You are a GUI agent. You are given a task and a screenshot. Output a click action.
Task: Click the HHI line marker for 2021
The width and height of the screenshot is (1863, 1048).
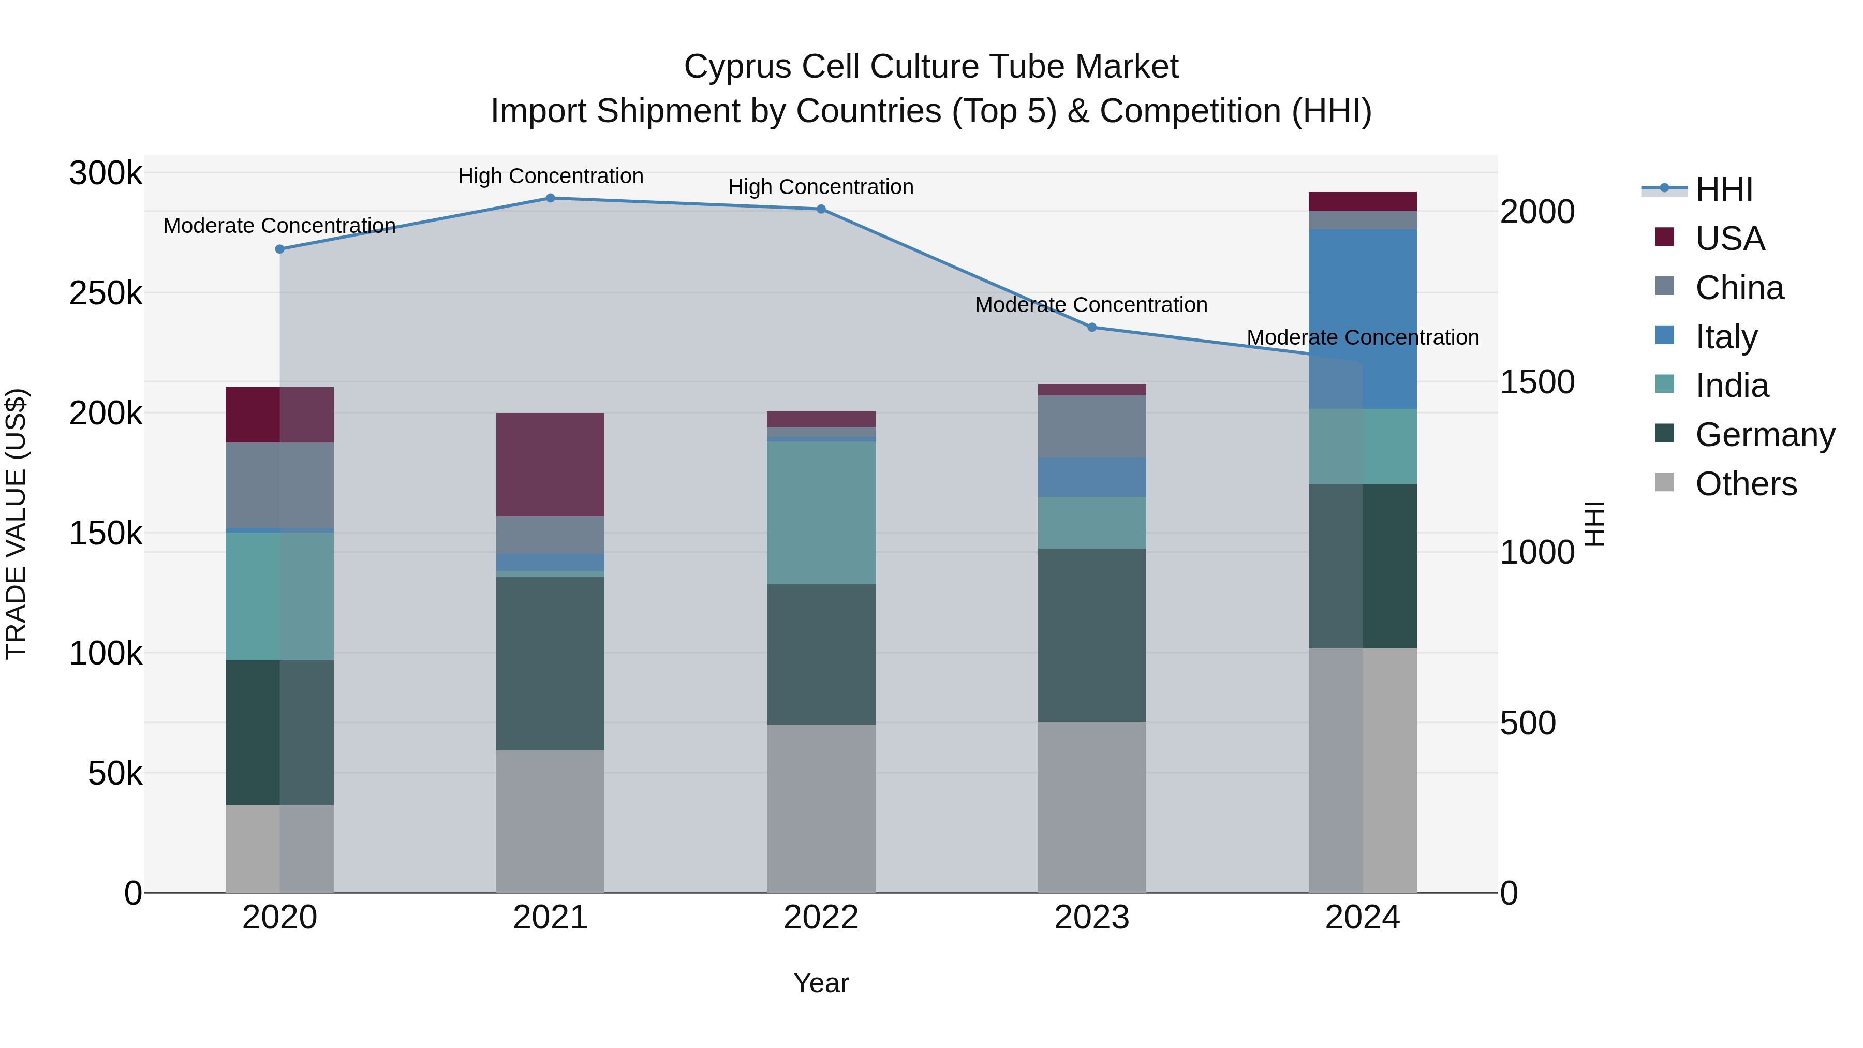551,198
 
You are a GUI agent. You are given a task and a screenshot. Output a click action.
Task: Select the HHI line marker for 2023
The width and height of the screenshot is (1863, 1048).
1092,328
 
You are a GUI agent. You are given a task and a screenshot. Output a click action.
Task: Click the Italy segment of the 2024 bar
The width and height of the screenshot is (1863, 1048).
1363,319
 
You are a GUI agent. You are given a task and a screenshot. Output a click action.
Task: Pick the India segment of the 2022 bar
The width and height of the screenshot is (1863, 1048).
821,513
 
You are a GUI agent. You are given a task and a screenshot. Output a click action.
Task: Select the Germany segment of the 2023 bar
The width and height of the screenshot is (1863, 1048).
1092,635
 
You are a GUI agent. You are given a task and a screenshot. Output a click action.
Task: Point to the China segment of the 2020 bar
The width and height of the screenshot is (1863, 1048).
280,485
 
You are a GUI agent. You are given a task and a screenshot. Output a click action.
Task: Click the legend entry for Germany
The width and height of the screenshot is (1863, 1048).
1765,435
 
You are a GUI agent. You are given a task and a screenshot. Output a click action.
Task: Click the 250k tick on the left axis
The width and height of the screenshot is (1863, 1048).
106,293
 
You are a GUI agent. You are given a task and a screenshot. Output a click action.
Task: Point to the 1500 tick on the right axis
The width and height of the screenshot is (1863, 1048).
1537,382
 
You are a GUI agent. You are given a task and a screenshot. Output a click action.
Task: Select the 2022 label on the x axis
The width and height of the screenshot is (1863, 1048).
821,918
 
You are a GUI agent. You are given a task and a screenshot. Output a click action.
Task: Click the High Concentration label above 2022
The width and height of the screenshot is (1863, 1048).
821,187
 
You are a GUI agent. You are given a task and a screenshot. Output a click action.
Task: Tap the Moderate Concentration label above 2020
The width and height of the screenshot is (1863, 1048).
280,226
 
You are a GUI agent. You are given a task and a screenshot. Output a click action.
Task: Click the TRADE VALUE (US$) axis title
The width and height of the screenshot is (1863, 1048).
16,524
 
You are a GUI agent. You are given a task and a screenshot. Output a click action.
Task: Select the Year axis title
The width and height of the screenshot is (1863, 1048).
821,983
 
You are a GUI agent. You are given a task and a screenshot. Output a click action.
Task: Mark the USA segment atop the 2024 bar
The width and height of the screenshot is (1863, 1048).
1363,202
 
